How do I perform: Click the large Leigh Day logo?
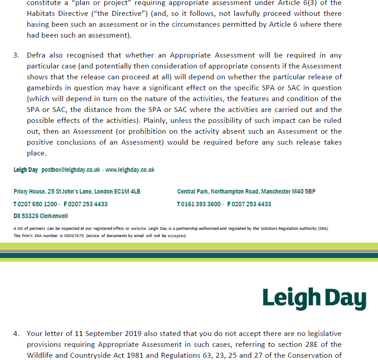(314, 298)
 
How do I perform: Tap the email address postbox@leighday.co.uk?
(71, 170)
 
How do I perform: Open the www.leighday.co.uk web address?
(130, 170)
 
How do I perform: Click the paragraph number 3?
(16, 55)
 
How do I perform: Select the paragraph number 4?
(16, 334)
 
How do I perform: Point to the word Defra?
(37, 55)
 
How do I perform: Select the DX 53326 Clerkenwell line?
(41, 216)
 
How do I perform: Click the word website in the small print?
(139, 229)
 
